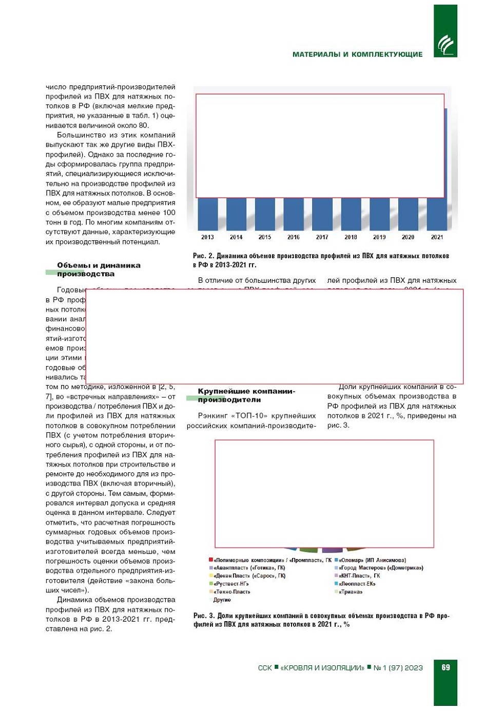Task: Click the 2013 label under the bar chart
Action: tap(207, 237)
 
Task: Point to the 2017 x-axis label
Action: tap(322, 237)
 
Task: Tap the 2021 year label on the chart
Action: tap(437, 237)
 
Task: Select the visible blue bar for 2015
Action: tap(265, 214)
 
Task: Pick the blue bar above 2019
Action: tap(379, 214)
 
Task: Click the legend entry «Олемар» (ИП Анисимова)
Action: tap(372, 560)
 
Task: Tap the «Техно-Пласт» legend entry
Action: tap(231, 592)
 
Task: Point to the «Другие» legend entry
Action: tap(222, 600)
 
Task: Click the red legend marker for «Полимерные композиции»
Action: tap(211, 560)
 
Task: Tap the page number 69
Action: tap(446, 667)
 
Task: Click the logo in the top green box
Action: tap(445, 45)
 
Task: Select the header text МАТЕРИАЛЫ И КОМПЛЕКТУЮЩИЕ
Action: tap(357, 54)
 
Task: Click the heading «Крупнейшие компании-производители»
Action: tap(246, 395)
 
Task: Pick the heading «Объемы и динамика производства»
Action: tap(99, 270)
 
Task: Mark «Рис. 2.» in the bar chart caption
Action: tap(203, 256)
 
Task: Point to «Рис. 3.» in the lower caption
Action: tap(204, 616)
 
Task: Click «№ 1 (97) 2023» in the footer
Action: tap(398, 668)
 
